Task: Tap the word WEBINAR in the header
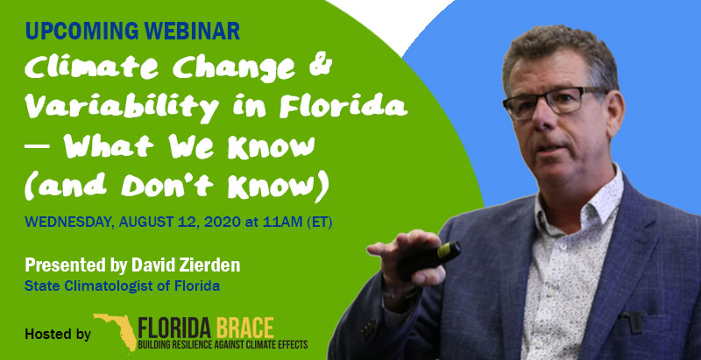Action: point(192,31)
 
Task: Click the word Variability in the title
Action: point(122,107)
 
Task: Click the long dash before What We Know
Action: point(37,145)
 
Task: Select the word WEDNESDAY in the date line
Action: point(69,222)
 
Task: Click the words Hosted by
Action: point(58,334)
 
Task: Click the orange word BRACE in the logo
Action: point(245,328)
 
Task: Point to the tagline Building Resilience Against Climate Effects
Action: point(223,345)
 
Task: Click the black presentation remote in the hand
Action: point(429,260)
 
